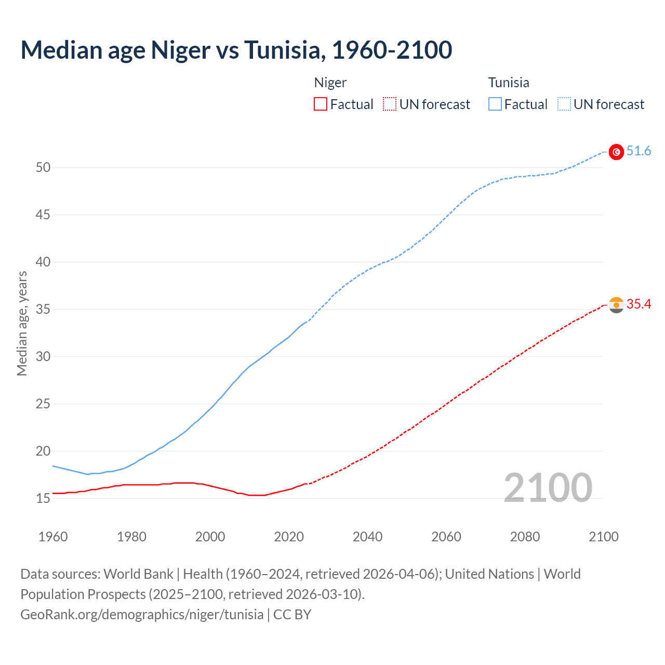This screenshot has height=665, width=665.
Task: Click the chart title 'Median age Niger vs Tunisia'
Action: pyautogui.click(x=236, y=50)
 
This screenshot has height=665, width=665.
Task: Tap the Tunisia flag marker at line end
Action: pyautogui.click(x=616, y=152)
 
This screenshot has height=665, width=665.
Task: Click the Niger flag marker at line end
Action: pyautogui.click(x=616, y=305)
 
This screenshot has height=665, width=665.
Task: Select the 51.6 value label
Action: pyautogui.click(x=639, y=151)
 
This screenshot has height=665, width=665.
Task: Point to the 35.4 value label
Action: pyautogui.click(x=639, y=304)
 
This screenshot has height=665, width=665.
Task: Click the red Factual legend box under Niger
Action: pyautogui.click(x=321, y=104)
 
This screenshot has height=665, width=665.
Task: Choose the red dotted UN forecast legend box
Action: pyautogui.click(x=390, y=104)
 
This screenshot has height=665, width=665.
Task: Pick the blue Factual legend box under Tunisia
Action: pyautogui.click(x=495, y=104)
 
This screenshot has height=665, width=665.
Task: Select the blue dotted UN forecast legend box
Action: pyautogui.click(x=564, y=104)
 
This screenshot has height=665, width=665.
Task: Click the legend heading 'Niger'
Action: pyautogui.click(x=330, y=83)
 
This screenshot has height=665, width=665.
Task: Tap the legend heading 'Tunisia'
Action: pyautogui.click(x=509, y=83)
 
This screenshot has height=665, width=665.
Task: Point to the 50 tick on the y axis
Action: pyautogui.click(x=43, y=167)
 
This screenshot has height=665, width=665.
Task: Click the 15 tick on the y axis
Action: pyautogui.click(x=43, y=498)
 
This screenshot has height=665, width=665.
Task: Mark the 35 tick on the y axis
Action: pyautogui.click(x=43, y=309)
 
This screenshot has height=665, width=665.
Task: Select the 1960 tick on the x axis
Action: pyautogui.click(x=53, y=537)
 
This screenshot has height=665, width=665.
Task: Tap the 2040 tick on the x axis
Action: pyautogui.click(x=367, y=537)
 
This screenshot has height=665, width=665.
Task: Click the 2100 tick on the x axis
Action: pyautogui.click(x=604, y=537)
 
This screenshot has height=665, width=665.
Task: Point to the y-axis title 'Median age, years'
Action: pyautogui.click(x=22, y=323)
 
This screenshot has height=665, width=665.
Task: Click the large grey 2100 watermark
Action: pyautogui.click(x=548, y=487)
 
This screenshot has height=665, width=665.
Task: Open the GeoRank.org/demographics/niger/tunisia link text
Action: pyautogui.click(x=142, y=615)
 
